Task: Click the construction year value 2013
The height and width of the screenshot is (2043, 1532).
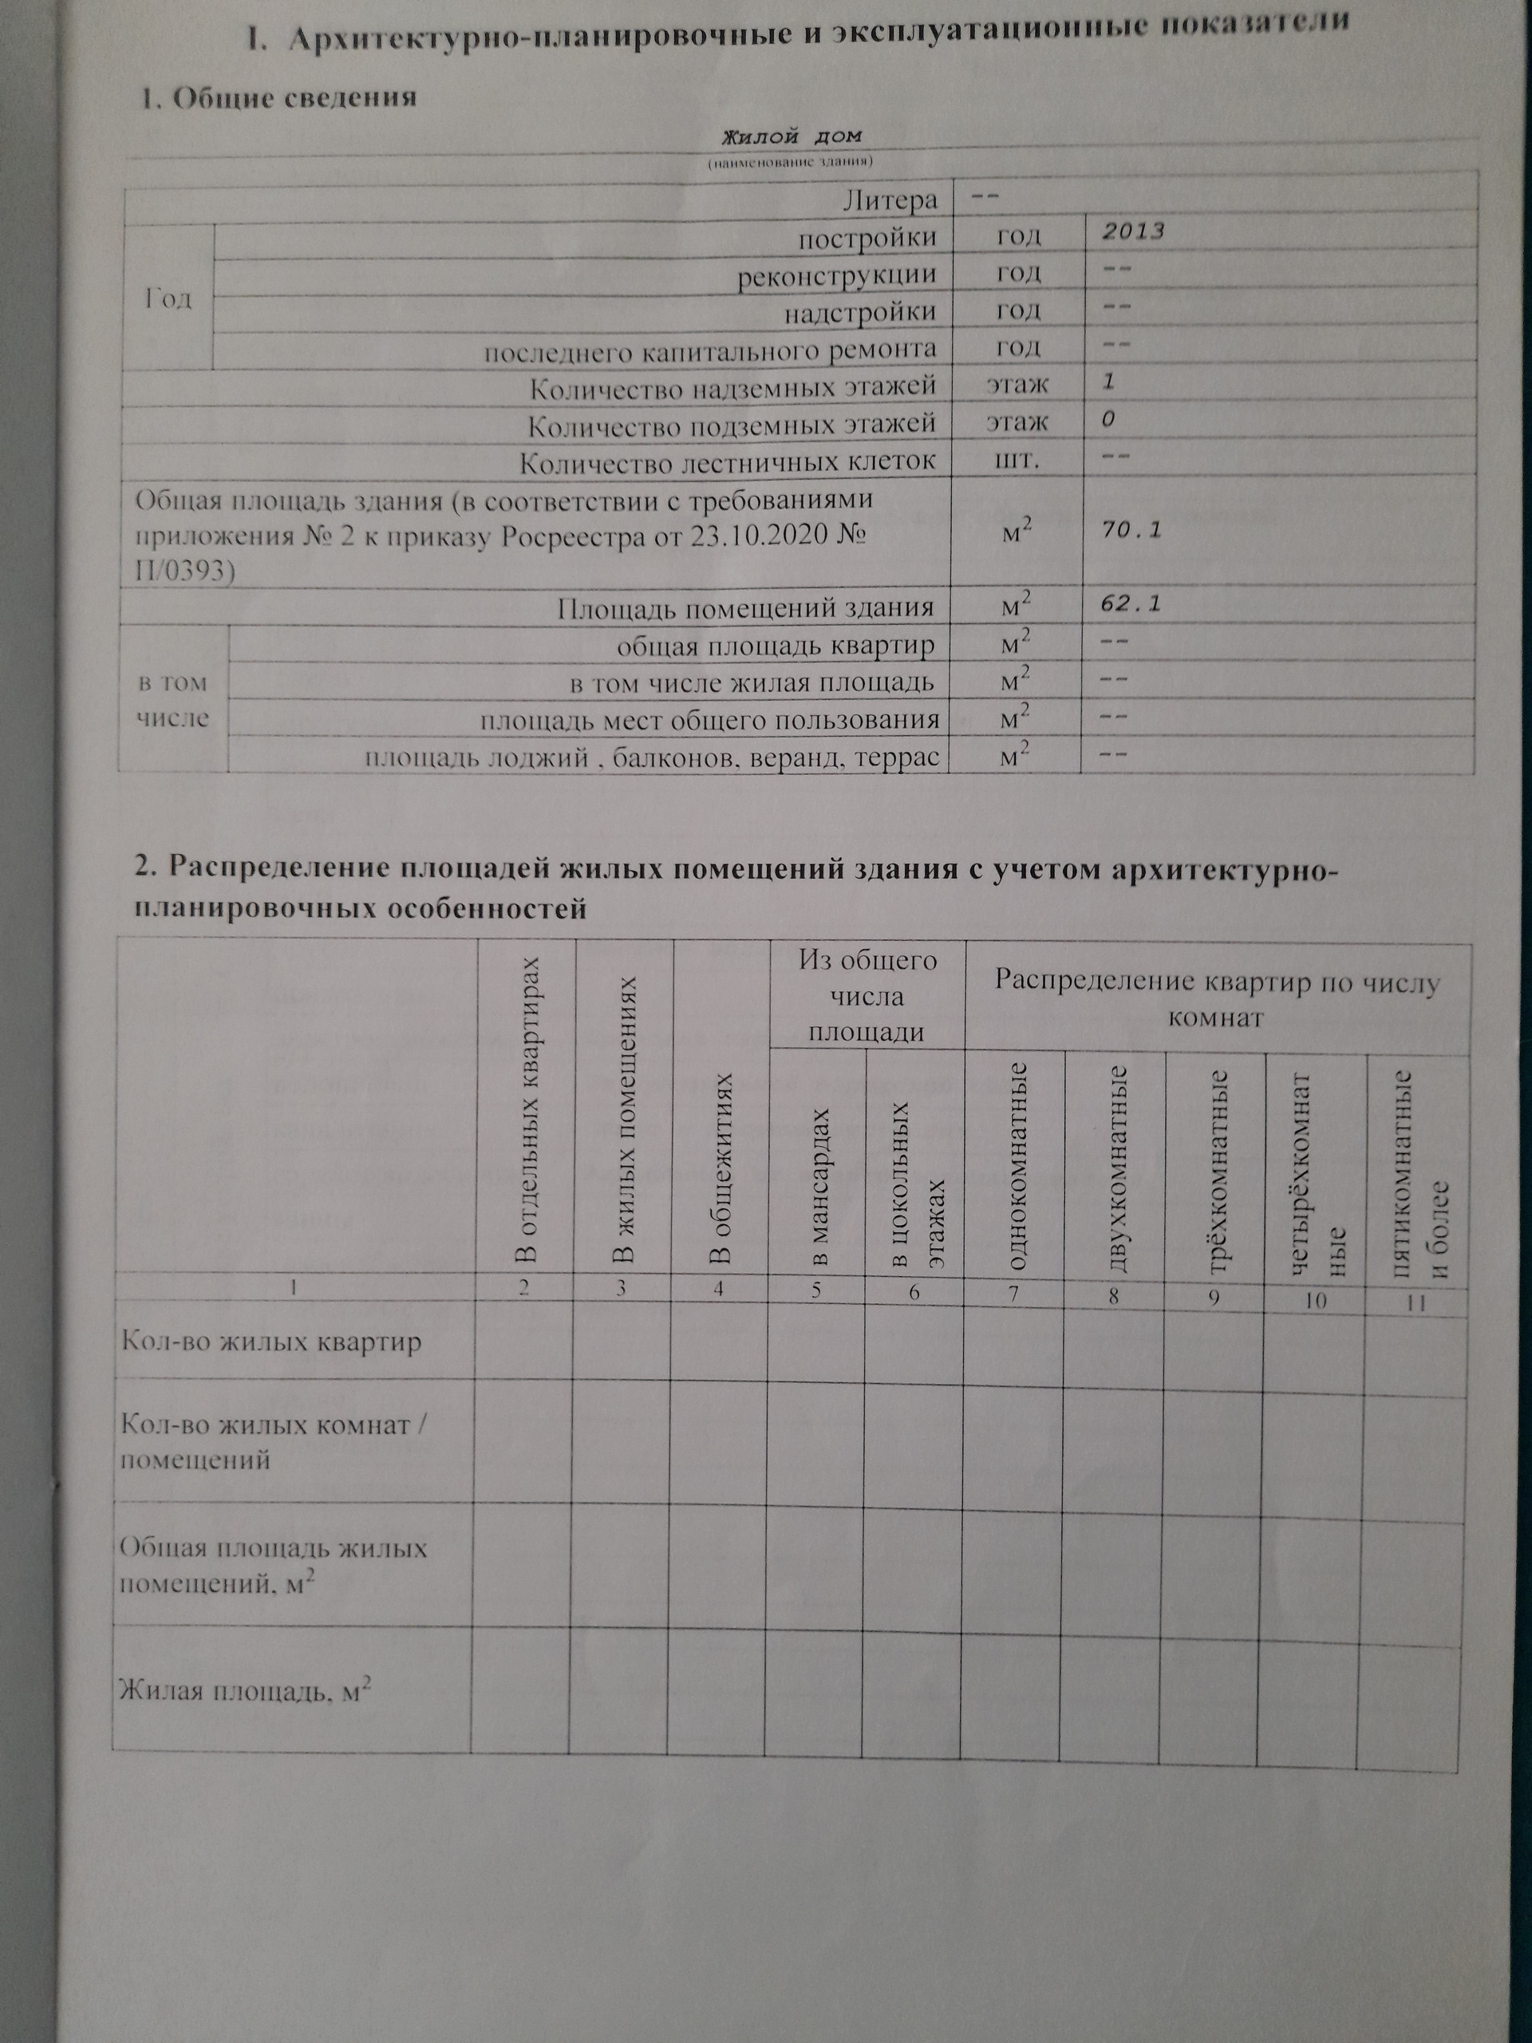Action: [x=1133, y=231]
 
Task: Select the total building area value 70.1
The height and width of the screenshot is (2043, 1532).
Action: [x=1131, y=531]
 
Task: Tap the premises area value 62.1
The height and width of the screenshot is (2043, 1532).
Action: [x=1131, y=605]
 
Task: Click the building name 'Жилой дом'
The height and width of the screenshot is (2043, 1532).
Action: [x=792, y=137]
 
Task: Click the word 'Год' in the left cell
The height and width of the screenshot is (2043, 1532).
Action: [x=168, y=298]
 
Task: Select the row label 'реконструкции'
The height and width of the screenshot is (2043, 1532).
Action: [x=837, y=275]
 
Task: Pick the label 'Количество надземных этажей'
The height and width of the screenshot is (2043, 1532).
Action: [x=733, y=387]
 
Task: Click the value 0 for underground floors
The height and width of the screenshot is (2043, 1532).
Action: [x=1108, y=421]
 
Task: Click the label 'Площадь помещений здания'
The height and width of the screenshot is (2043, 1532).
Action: [x=745, y=608]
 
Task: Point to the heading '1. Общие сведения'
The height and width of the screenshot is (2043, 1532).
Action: [x=278, y=99]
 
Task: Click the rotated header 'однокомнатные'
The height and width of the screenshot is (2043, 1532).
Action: [x=1017, y=1164]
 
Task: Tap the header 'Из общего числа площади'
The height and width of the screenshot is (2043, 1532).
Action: [x=867, y=996]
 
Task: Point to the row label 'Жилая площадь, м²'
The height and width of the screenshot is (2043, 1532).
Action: [x=246, y=1692]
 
